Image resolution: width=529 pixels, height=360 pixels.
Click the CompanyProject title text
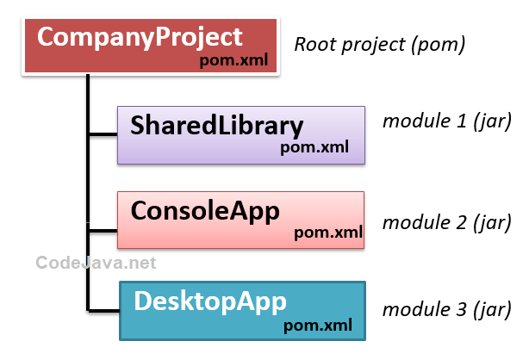click(x=140, y=38)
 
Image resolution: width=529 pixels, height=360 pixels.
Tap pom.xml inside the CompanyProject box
click(x=233, y=60)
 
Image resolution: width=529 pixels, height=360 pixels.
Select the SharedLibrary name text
click(x=217, y=126)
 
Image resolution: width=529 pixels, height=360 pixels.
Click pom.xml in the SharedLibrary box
click(x=314, y=147)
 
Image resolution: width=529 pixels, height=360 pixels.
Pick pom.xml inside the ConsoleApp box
click(x=328, y=232)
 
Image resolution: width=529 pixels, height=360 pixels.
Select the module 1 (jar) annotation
click(x=447, y=121)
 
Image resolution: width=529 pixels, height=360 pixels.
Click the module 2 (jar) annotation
click(x=447, y=223)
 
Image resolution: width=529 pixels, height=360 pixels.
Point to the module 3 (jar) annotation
click(x=447, y=308)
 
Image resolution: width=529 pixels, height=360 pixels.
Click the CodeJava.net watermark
click(x=96, y=262)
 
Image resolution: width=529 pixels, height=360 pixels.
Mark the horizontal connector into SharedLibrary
click(x=103, y=134)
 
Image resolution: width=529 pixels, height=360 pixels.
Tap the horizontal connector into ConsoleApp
click(x=103, y=230)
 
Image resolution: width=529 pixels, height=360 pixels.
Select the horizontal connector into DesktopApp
click(x=103, y=308)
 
